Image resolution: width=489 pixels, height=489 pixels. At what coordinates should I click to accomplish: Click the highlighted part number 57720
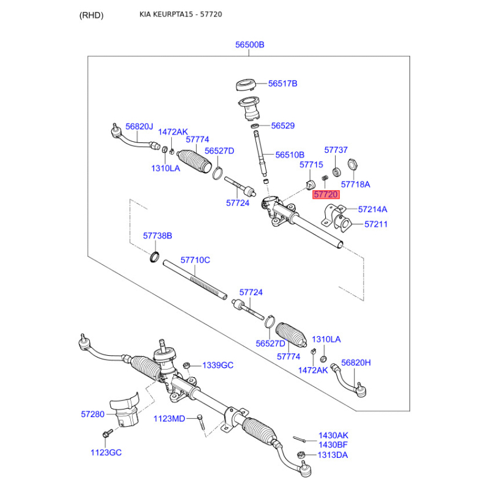pos(326,194)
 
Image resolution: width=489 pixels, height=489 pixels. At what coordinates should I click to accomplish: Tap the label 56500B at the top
pos(250,45)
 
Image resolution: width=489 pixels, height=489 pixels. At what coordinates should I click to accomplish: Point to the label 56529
pos(282,126)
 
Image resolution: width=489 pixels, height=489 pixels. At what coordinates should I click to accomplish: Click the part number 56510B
pos(289,155)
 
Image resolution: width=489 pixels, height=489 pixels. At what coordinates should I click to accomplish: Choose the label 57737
pos(336,150)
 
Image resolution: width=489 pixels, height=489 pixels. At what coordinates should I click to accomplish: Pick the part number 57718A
pos(355,184)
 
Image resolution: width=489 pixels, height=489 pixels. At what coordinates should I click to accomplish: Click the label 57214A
pos(372,209)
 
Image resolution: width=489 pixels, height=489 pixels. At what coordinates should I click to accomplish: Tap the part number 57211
pos(376,224)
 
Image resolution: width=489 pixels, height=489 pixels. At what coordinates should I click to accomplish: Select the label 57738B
pos(158,235)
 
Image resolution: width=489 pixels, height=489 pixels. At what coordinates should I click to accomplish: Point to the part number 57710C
pos(194,260)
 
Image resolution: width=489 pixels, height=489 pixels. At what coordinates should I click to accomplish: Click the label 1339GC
pos(218,365)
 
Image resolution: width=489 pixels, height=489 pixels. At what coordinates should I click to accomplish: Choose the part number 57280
pos(93,414)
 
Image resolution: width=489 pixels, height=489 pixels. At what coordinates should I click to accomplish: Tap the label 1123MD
pos(169,418)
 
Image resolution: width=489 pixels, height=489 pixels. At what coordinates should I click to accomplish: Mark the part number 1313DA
pos(333,455)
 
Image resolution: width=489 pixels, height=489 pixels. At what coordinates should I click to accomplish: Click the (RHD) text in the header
pos(92,15)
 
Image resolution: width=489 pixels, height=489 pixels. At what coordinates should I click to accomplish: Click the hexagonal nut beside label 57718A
pos(352,164)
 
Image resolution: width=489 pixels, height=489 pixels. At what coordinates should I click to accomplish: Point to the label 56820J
pos(139,127)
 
